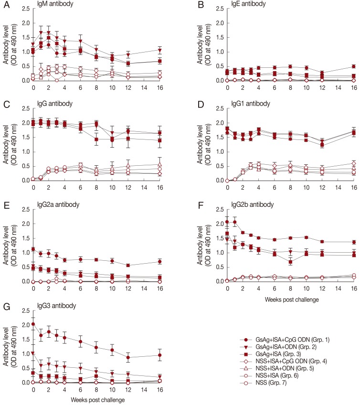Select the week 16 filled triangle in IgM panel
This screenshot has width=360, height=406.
pos(159,50)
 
